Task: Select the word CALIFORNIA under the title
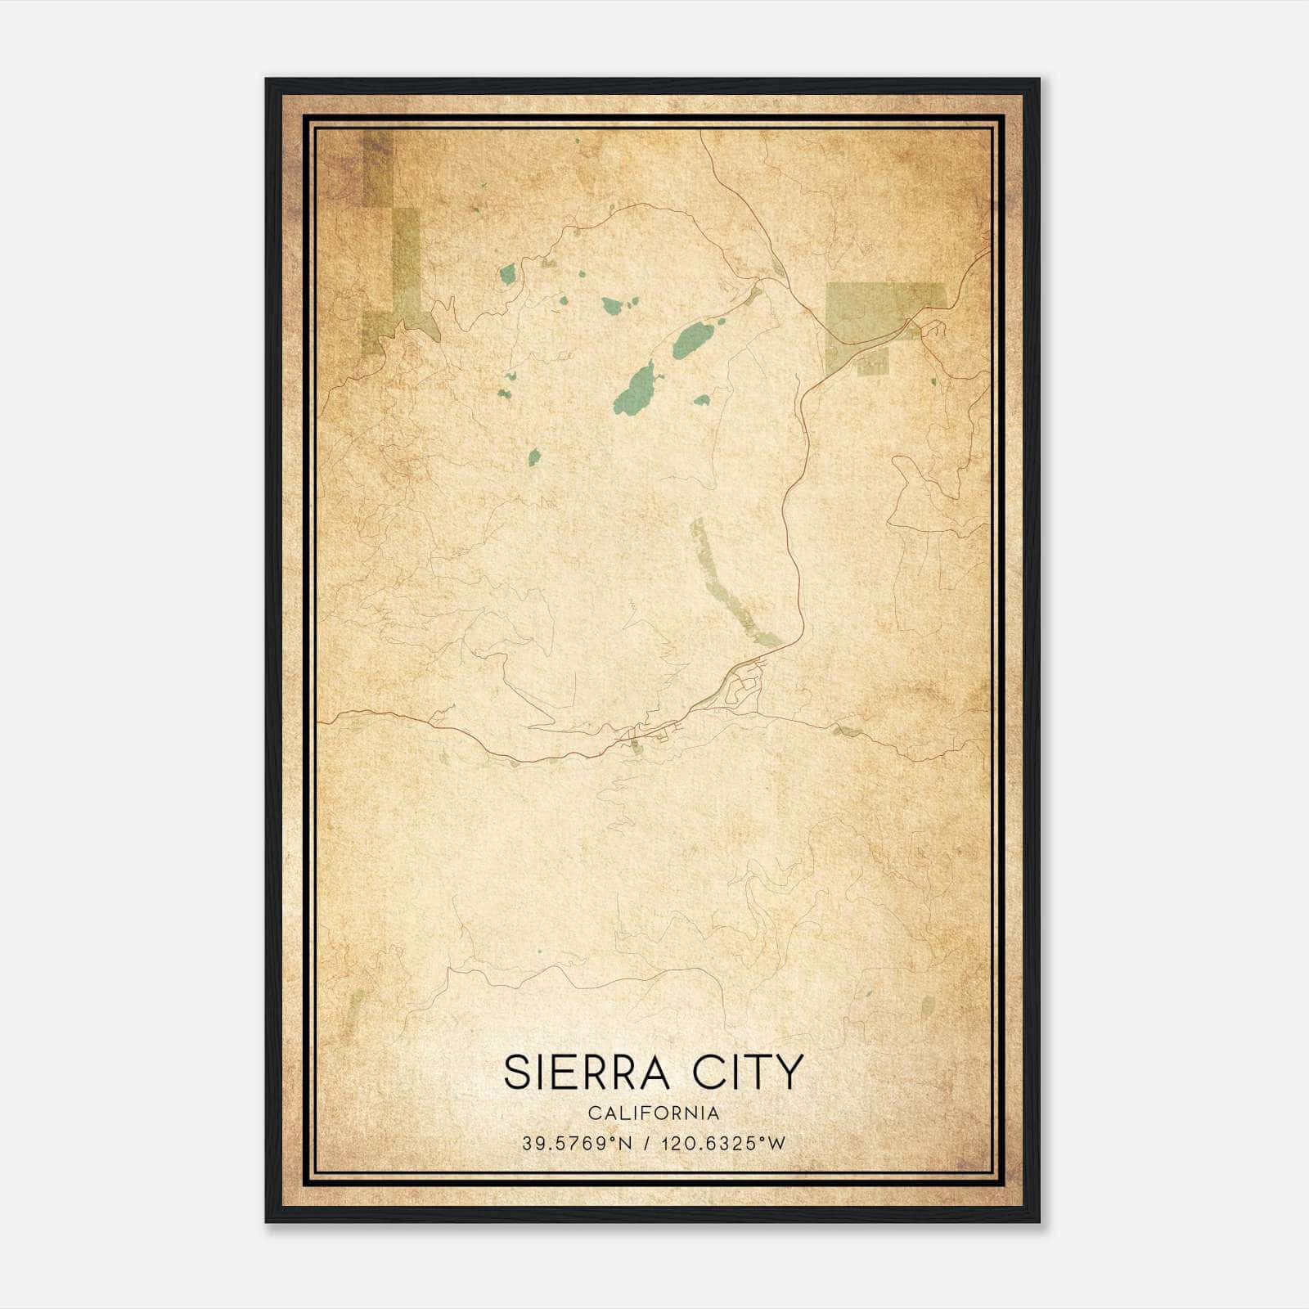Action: point(654,1113)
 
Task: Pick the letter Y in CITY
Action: point(790,1073)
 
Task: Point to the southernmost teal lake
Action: point(534,457)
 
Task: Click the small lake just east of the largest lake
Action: point(702,401)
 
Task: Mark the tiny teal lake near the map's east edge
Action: point(933,381)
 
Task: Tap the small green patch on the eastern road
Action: point(848,731)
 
